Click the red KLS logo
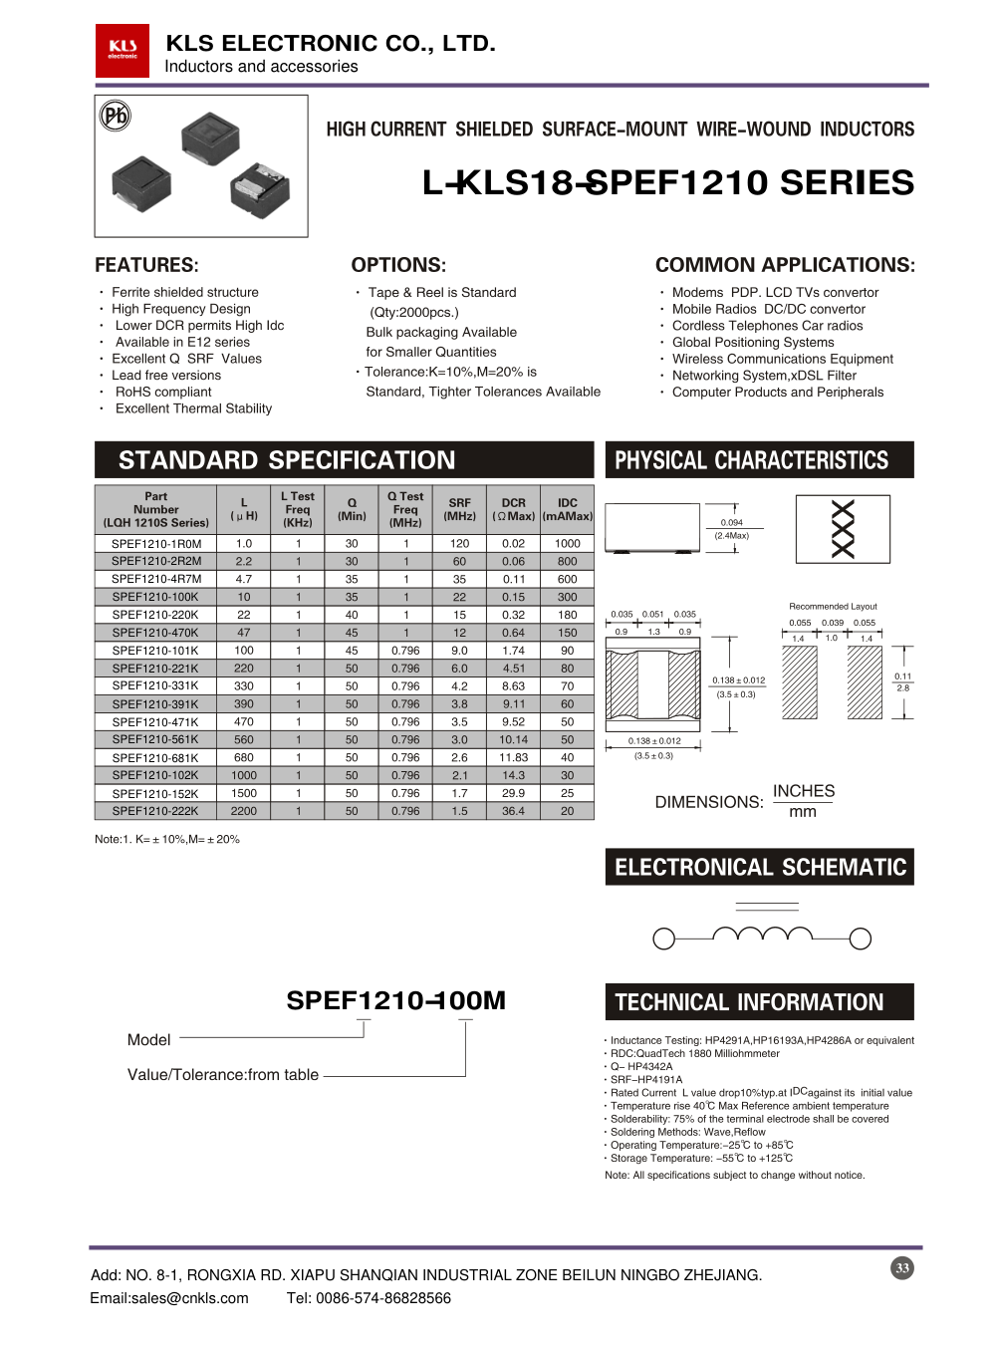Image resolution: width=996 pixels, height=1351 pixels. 123,50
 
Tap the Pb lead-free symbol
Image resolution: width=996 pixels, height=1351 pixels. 116,117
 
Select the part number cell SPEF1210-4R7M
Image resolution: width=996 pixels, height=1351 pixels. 156,579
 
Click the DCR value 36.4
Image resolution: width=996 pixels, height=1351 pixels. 513,811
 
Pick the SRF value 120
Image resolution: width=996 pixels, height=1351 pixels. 459,544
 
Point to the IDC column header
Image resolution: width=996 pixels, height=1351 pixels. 567,509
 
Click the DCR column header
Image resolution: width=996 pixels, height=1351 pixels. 513,509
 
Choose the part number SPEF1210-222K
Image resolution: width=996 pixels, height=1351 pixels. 155,811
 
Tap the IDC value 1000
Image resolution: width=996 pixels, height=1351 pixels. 567,544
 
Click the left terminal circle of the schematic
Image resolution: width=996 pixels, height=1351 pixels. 663,939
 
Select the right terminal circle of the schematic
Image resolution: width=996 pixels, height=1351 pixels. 861,939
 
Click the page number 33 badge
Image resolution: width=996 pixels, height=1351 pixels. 902,1268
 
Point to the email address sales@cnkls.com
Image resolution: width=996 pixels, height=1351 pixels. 169,1298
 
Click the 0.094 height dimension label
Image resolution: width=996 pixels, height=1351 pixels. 731,522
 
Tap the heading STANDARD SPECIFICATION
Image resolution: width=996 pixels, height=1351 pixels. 287,460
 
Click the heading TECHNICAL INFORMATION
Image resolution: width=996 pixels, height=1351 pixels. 749,1002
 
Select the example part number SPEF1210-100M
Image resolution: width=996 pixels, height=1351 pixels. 395,1000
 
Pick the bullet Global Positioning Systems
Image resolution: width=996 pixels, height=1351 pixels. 753,342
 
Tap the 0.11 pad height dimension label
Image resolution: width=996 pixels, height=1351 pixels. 902,676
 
